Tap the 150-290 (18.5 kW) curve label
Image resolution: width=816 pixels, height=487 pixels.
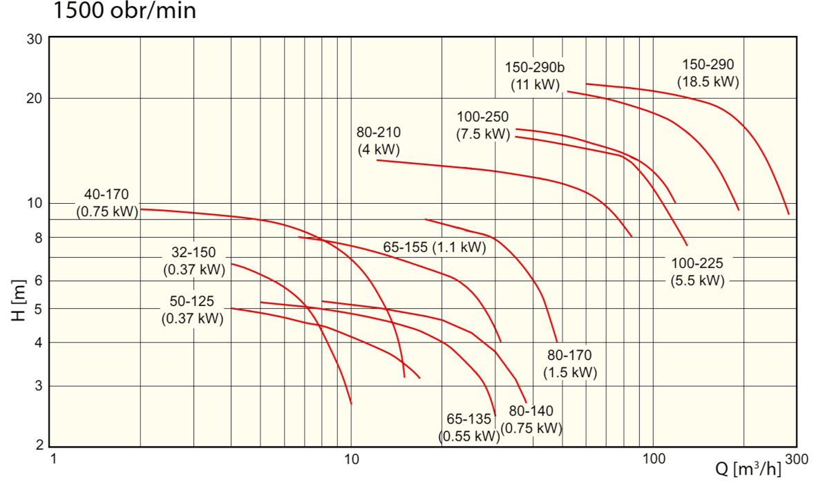pos(708,73)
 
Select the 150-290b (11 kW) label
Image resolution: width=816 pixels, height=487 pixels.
pos(535,76)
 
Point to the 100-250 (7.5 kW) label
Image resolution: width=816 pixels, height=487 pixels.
pos(483,125)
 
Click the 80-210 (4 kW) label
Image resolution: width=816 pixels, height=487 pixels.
pos(379,140)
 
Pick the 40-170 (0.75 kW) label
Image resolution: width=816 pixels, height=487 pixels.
pos(107,203)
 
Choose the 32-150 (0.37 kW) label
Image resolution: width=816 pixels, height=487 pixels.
pos(194,261)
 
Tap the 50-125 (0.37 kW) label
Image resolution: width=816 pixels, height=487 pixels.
pos(192,309)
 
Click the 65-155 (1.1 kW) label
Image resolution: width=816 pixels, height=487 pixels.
pos(434,247)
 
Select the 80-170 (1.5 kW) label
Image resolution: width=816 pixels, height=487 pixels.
pos(569,364)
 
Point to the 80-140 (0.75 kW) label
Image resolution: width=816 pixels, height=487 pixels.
pos(531,419)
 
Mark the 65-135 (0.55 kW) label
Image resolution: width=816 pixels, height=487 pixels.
pos(468,428)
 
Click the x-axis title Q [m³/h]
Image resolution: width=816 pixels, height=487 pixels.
pos(748,469)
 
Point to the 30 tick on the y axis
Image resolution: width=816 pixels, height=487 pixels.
pos(35,39)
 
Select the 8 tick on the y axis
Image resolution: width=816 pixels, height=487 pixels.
pos(38,238)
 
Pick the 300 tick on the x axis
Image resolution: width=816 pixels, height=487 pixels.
pos(797,459)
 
